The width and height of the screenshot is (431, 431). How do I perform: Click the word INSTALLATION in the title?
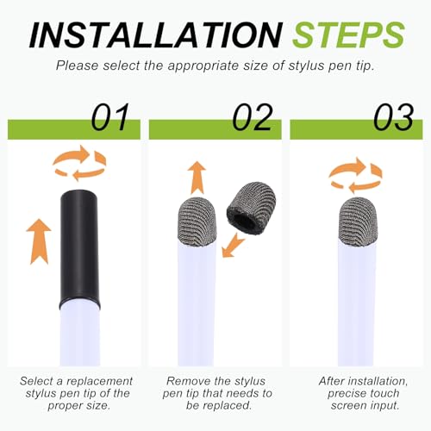[x=156, y=34]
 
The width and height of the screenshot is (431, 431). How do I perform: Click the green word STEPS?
[x=348, y=34]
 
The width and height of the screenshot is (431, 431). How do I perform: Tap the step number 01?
[x=110, y=117]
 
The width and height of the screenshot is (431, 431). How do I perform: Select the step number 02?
[x=252, y=117]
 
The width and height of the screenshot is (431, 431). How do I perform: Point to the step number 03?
[x=393, y=117]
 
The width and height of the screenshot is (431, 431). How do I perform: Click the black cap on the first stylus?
[x=79, y=248]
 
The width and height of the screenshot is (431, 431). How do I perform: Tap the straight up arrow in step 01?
[x=39, y=241]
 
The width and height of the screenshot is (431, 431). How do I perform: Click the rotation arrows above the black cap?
[x=79, y=163]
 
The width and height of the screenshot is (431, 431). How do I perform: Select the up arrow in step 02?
[x=197, y=178]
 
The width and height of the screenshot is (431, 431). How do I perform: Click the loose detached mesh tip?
[x=251, y=208]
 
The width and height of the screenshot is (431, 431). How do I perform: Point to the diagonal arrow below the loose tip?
[x=234, y=245]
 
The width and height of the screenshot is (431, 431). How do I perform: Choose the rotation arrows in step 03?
[x=355, y=175]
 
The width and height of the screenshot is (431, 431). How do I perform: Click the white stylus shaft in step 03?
[x=356, y=304]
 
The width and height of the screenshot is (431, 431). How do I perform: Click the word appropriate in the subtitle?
[x=204, y=66]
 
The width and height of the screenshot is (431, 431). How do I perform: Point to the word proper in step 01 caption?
[x=61, y=406]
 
